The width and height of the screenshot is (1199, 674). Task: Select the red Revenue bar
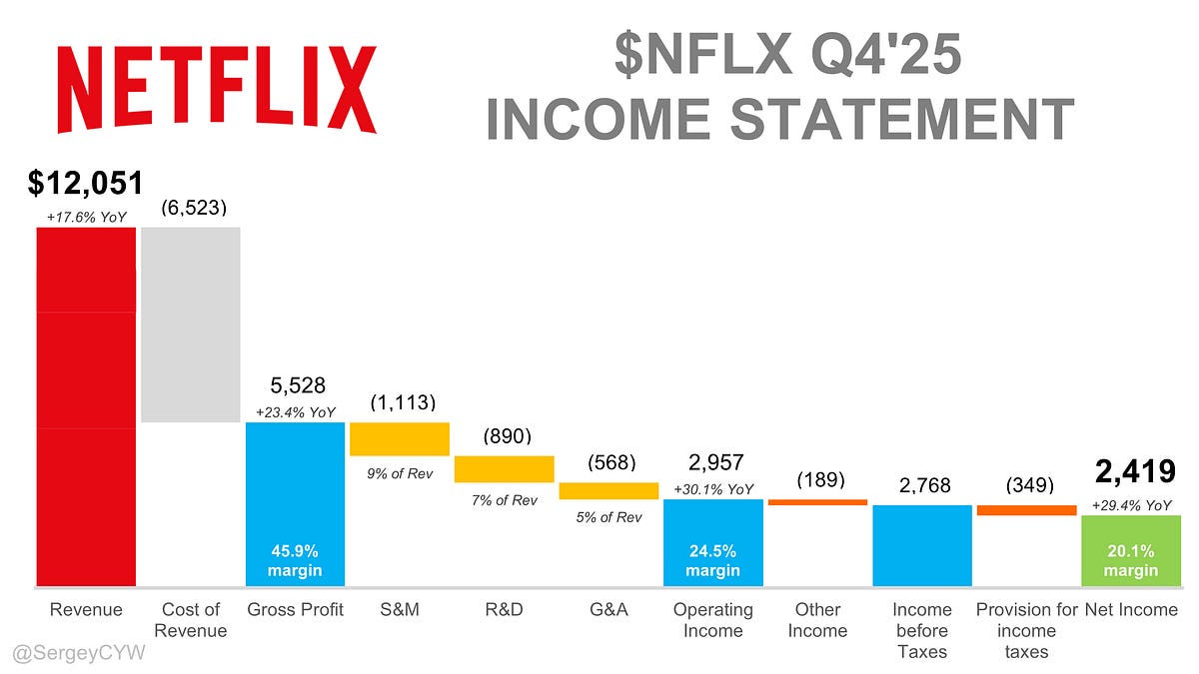(86, 406)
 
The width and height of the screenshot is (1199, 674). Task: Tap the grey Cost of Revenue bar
(191, 325)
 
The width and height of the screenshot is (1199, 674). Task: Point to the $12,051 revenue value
(86, 183)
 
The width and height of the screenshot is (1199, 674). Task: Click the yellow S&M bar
(400, 439)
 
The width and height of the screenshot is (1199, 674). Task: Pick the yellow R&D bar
(505, 469)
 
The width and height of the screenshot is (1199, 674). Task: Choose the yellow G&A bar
(608, 490)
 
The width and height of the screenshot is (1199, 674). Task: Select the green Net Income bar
(1131, 550)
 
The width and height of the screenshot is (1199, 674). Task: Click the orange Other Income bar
(817, 501)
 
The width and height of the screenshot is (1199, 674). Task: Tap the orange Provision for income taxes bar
(1026, 510)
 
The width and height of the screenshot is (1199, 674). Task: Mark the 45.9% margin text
(295, 560)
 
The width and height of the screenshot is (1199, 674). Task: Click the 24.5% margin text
(712, 560)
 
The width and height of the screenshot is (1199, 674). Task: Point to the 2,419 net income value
(1131, 471)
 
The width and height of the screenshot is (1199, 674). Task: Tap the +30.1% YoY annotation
(712, 489)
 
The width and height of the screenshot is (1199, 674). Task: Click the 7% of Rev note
(504, 499)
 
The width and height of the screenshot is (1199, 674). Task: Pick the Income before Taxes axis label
(921, 630)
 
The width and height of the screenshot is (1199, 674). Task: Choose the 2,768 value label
(921, 486)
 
